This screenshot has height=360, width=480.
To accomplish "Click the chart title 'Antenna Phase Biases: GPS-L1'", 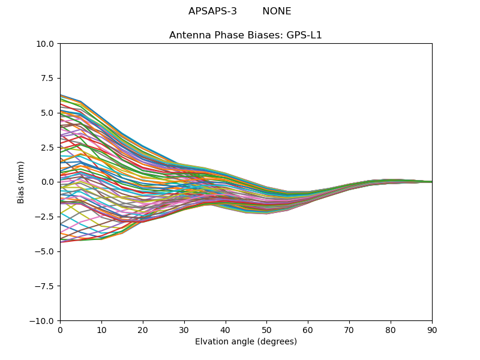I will tap(245, 35).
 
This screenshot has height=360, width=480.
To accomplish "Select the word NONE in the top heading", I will tap(277, 11).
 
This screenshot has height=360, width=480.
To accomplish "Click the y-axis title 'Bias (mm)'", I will tap(21, 182).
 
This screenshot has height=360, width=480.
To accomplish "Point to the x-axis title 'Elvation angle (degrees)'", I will tap(246, 342).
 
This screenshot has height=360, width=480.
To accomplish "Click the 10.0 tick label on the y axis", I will tap(46, 44).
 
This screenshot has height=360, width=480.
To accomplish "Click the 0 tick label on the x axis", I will tap(60, 330).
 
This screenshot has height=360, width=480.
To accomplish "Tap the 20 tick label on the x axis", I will tap(143, 330).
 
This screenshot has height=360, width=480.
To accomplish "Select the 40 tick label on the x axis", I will tap(226, 330).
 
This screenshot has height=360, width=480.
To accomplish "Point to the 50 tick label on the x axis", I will tap(266, 330).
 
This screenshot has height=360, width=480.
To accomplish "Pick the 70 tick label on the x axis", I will tap(349, 330).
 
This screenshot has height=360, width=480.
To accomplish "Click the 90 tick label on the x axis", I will tap(432, 330).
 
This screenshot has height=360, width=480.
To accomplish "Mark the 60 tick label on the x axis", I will tap(308, 330).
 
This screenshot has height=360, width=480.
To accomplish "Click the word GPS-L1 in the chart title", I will tap(304, 35).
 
